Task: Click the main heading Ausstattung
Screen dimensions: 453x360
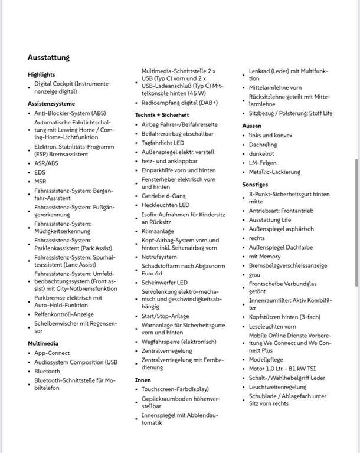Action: click(48, 57)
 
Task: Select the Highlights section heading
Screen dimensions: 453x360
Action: click(41, 74)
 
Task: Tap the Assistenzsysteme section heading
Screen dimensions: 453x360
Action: click(51, 103)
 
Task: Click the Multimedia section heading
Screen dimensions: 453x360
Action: click(42, 343)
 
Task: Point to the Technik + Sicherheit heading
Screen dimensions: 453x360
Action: click(162, 114)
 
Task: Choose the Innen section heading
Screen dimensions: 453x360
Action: click(143, 380)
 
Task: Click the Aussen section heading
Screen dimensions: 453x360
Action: click(252, 126)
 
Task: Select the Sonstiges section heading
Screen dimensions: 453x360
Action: click(255, 184)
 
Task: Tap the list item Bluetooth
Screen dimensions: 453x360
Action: click(47, 371)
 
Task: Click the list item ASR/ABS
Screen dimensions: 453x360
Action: click(46, 163)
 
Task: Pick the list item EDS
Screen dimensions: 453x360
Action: click(40, 172)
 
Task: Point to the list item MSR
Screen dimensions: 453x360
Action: click(40, 182)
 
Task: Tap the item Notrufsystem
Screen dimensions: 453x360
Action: click(159, 257)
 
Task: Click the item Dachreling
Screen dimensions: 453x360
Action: click(263, 145)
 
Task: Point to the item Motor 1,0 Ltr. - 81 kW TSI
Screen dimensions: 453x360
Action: click(283, 368)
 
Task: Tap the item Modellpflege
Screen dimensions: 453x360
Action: click(267, 359)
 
